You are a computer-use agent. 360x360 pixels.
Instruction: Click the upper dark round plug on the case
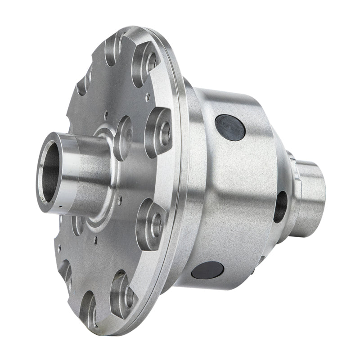click(x=230, y=127)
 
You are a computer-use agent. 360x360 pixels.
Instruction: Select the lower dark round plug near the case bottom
click(x=207, y=270)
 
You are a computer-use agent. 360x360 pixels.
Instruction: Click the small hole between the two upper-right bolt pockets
click(x=148, y=95)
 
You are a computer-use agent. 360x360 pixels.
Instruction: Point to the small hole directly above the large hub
click(x=106, y=114)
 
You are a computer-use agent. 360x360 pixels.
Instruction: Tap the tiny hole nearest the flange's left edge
click(x=58, y=247)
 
